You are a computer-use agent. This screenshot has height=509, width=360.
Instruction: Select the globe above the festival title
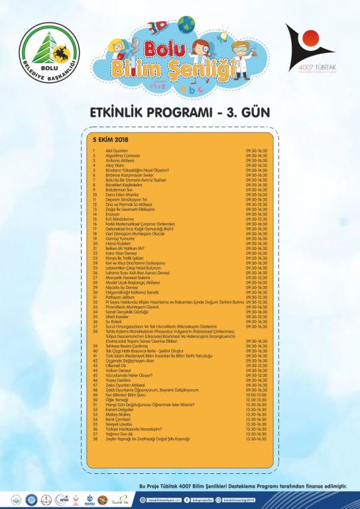[187, 25]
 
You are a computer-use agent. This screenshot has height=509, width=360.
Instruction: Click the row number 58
[95, 439]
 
